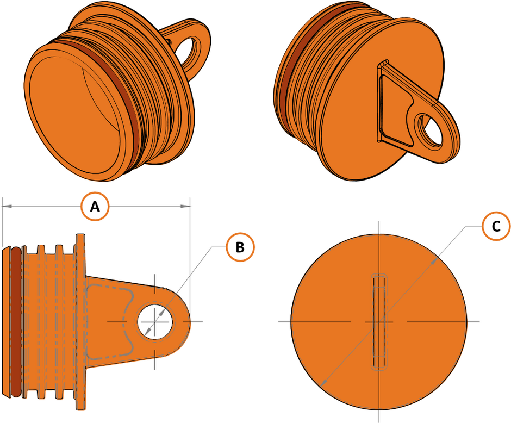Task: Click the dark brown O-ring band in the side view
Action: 16,321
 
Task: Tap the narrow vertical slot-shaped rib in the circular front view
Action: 379,321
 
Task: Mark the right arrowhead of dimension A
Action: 188,206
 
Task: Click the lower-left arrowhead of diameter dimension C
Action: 322,384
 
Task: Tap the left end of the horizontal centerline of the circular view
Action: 279,322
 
